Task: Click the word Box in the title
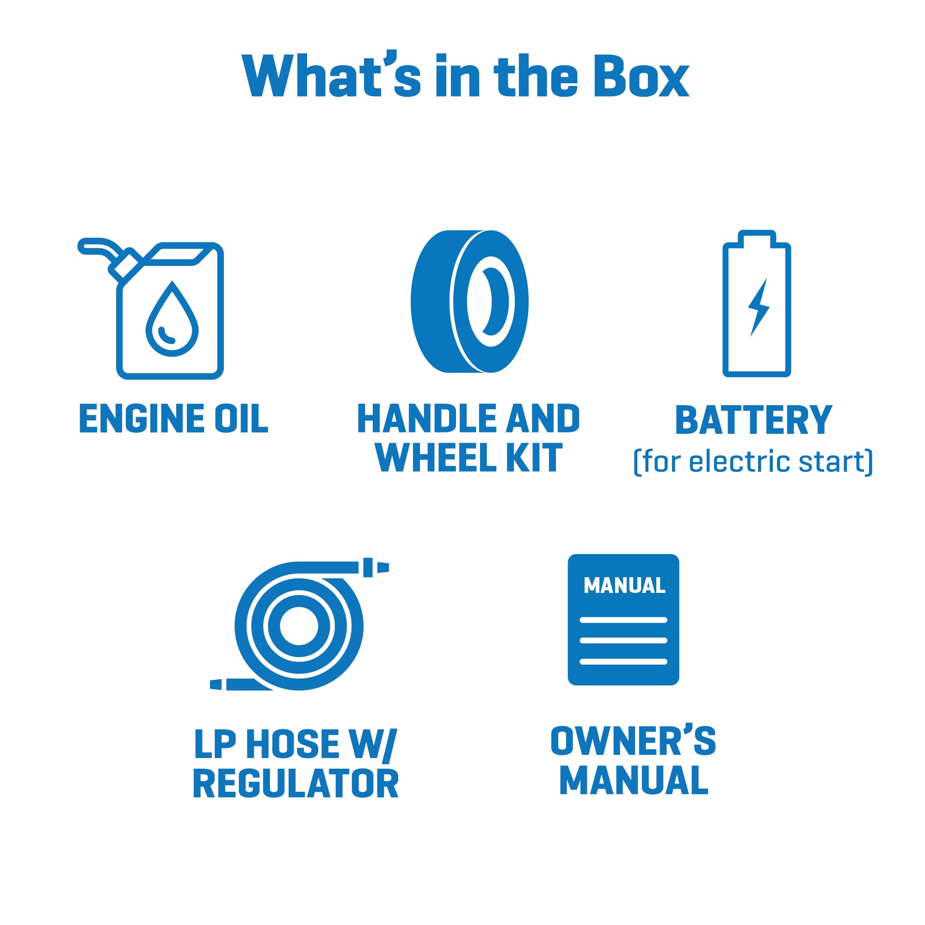pos(641,75)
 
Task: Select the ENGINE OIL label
pos(173,419)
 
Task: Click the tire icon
pos(470,302)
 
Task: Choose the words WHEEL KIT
pos(468,458)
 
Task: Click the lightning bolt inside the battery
pos(758,308)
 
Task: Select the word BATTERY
pos(753,420)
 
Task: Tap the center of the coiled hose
pos(299,626)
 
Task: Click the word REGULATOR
pos(296,784)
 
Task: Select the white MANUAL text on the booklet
pos(624,585)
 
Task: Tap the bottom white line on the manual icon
pos(623,662)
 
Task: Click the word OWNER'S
pos(633,740)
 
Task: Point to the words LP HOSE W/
pos(296,744)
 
